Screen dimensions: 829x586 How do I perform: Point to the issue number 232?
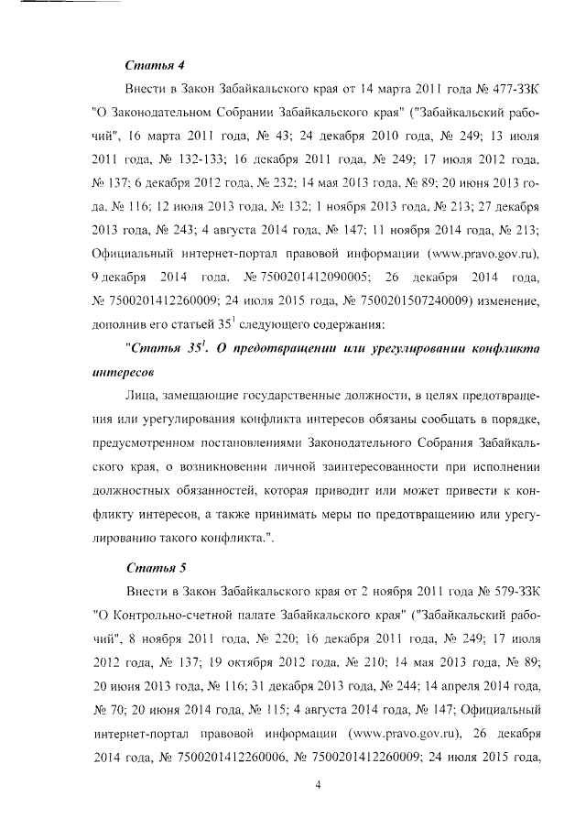coord(247,182)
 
